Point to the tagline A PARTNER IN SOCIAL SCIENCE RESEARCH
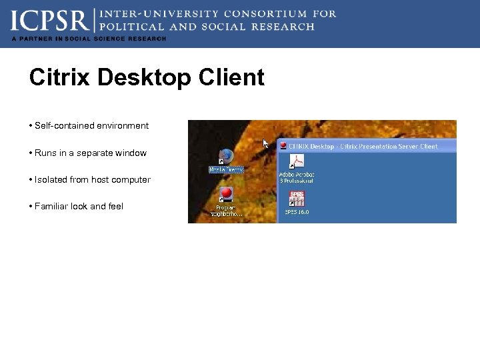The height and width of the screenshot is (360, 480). pos(88,39)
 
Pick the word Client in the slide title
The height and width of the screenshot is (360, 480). pos(233,78)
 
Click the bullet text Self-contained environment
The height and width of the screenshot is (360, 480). pos(91,126)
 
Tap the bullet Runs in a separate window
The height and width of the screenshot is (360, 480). pos(90,153)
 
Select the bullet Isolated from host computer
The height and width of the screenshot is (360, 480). pos(92,180)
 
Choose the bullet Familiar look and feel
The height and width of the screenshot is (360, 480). pos(79,207)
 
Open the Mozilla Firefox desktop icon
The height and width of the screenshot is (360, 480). pos(226,156)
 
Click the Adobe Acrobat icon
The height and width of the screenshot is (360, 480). pos(297,162)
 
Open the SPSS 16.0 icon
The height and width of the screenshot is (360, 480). pos(297,198)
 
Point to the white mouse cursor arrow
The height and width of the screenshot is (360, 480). pos(265,143)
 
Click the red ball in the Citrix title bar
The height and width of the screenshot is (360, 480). pos(283,146)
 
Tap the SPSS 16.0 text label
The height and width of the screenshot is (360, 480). pos(297,212)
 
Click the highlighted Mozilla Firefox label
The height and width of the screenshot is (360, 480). pos(227,169)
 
